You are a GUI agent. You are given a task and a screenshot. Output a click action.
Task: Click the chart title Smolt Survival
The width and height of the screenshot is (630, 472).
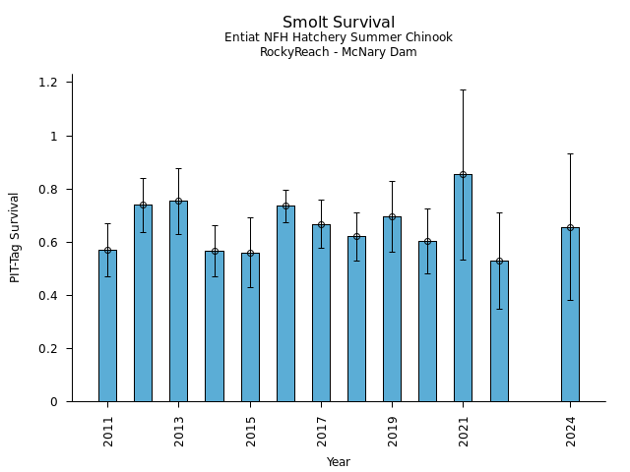(338, 23)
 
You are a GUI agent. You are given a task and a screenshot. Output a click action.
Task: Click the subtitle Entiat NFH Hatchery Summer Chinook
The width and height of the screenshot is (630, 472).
(338, 38)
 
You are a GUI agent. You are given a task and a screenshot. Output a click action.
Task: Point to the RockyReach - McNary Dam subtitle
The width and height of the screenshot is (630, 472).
(338, 53)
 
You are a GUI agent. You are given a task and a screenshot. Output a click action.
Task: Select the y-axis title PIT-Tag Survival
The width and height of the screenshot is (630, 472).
(15, 237)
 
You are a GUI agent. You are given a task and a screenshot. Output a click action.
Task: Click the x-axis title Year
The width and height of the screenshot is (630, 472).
(338, 462)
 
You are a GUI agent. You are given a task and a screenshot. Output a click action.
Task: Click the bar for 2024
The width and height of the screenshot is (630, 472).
(570, 315)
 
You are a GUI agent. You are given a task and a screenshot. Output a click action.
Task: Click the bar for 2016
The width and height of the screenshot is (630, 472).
(285, 304)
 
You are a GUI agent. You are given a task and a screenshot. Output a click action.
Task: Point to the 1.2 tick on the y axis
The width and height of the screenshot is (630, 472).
(48, 83)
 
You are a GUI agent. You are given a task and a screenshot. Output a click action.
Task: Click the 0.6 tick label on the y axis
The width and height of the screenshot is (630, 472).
(48, 242)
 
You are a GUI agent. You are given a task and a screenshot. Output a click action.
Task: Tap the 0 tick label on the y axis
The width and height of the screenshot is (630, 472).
(54, 401)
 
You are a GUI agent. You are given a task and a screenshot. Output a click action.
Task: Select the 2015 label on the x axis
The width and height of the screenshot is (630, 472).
(250, 432)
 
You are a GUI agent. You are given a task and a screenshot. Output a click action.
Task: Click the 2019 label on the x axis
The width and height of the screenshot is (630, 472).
(393, 432)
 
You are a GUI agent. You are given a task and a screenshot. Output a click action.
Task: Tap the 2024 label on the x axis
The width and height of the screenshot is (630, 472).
(570, 432)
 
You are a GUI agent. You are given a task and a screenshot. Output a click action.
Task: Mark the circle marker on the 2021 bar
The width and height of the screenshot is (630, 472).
(463, 174)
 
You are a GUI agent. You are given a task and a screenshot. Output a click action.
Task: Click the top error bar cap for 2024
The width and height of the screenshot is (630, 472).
(570, 153)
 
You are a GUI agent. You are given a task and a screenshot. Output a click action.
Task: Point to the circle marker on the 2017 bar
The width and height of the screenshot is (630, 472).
(321, 224)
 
